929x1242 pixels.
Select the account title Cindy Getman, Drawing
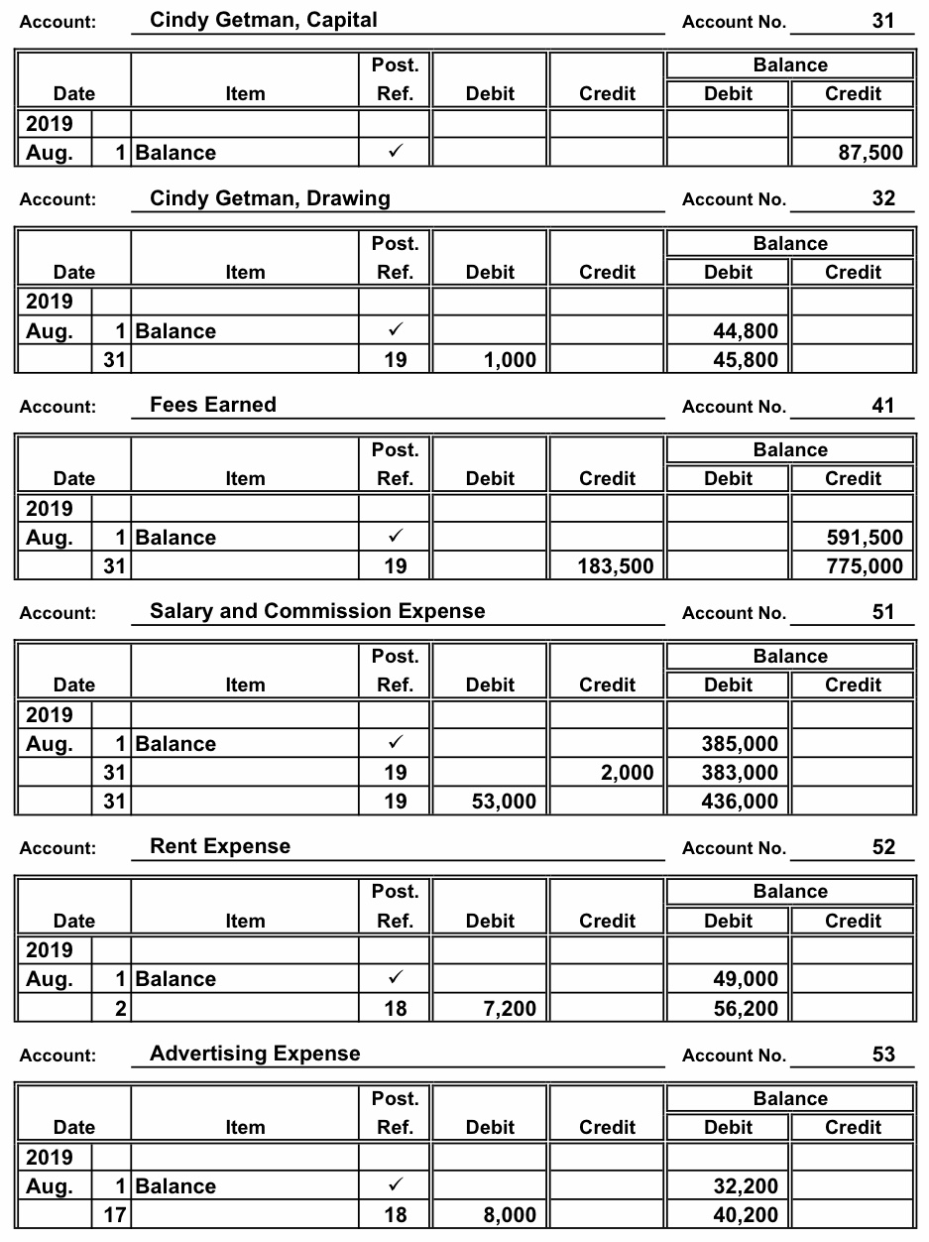(x=270, y=198)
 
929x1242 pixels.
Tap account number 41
(x=882, y=405)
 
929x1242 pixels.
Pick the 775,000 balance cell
(x=865, y=566)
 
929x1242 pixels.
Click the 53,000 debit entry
(x=504, y=802)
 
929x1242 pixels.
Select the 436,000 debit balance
(x=740, y=802)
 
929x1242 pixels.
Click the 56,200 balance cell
(x=746, y=1009)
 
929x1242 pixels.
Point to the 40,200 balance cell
(x=746, y=1215)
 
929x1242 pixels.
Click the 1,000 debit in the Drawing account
(x=510, y=360)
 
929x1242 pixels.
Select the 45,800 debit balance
(x=746, y=360)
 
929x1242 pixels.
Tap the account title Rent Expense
(x=220, y=846)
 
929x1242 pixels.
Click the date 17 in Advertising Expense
(x=114, y=1215)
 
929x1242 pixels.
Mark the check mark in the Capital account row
(x=395, y=153)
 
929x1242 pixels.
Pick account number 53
(x=882, y=1054)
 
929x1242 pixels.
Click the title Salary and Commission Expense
(x=317, y=611)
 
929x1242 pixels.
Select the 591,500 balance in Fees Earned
(x=865, y=538)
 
